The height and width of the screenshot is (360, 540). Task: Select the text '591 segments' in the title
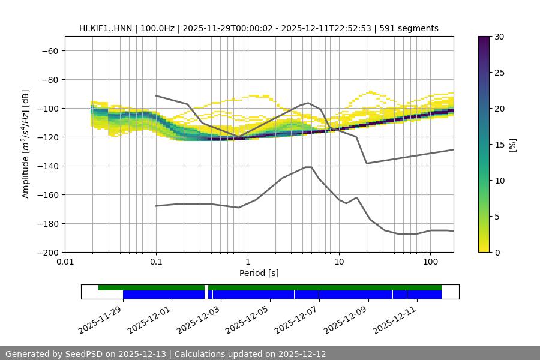pos(412,28)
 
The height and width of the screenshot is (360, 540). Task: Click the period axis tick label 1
pos(247,262)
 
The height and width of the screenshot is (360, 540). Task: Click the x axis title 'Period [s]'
pos(259,273)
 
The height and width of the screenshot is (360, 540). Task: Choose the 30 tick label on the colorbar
pos(499,37)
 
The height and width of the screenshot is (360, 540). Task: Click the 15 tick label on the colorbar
pos(499,145)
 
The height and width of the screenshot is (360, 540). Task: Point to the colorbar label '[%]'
pos(512,145)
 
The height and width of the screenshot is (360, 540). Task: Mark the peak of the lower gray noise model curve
pos(308,167)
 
